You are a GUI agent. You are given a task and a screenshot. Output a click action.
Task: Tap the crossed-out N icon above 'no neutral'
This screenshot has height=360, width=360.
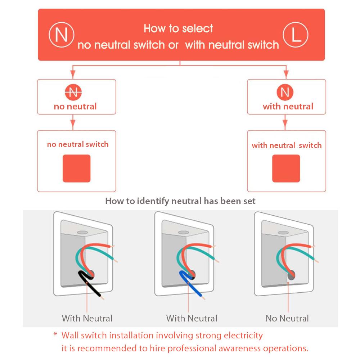point(73,91)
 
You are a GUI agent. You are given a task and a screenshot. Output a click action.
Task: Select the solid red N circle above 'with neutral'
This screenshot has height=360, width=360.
point(285,92)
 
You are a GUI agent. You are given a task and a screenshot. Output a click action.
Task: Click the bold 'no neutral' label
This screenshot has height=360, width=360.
point(75,106)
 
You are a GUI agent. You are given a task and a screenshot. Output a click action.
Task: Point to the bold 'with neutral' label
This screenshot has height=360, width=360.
point(288,107)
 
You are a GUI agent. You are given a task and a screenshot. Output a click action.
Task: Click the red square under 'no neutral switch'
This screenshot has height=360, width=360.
point(76,168)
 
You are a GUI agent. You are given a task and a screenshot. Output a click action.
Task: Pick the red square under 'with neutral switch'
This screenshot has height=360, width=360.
point(286,168)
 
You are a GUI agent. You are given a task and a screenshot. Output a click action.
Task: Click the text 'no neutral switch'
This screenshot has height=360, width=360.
point(78,144)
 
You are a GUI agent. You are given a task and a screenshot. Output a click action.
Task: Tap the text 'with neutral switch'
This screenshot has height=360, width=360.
point(287,145)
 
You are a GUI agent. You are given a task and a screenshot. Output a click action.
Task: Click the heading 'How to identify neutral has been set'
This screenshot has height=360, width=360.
point(180,201)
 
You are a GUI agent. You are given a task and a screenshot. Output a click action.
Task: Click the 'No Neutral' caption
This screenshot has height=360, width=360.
point(287,318)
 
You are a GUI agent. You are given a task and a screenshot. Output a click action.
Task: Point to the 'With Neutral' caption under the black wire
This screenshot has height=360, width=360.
point(87,318)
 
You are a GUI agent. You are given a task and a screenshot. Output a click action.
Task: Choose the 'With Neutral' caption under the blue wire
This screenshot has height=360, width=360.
point(192,318)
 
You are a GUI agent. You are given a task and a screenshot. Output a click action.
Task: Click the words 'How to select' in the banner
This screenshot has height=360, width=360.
point(179,28)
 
